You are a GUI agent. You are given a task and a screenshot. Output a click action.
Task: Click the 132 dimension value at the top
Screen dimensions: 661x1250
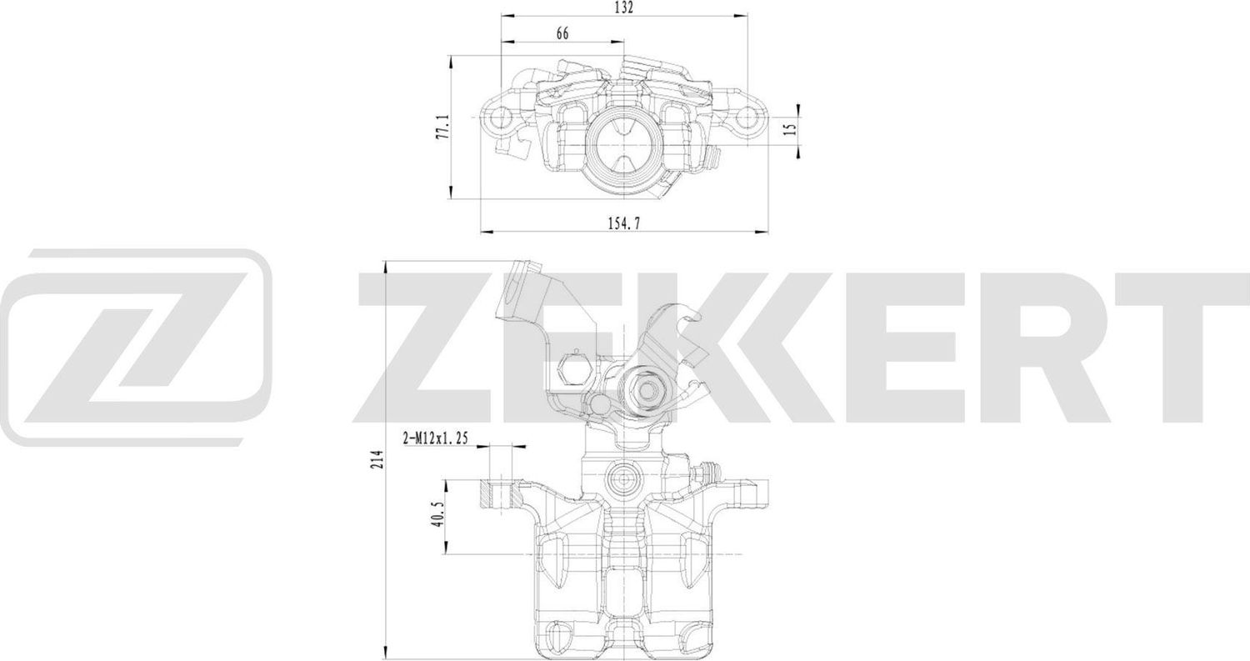[624, 8]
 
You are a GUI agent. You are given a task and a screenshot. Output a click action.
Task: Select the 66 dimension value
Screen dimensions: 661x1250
[562, 33]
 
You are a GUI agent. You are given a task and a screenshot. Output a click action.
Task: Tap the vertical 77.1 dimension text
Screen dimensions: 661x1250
[445, 127]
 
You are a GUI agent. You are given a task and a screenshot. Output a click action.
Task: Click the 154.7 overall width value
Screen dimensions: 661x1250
[624, 223]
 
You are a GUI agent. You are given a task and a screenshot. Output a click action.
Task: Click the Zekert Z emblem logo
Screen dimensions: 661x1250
[137, 337]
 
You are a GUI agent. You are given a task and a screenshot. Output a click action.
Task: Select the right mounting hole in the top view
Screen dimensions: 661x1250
[746, 118]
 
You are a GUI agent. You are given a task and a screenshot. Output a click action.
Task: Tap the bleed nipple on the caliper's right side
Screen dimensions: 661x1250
[708, 473]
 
